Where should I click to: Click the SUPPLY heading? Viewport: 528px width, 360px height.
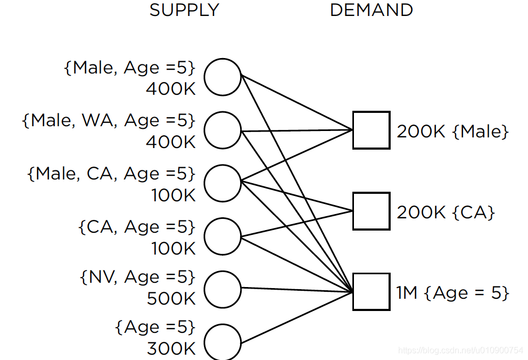pyautogui.click(x=184, y=10)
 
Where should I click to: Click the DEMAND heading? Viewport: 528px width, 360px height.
pyautogui.click(x=371, y=10)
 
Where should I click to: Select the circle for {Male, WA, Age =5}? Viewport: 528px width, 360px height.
pyautogui.click(x=222, y=130)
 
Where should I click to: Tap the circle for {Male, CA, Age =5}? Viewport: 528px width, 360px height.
pyautogui.click(x=222, y=183)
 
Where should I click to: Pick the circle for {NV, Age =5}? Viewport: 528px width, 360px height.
pyautogui.click(x=222, y=289)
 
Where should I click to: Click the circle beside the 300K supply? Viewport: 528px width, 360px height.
pyautogui.click(x=222, y=342)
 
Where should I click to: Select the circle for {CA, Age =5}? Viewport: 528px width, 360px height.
pyautogui.click(x=222, y=236)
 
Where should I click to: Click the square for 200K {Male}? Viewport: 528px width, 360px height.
pyautogui.click(x=371, y=130)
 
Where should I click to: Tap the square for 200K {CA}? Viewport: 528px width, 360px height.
pyautogui.click(x=371, y=211)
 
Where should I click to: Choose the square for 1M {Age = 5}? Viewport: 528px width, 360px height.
pyautogui.click(x=371, y=291)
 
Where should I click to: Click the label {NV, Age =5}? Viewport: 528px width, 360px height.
pyautogui.click(x=137, y=277)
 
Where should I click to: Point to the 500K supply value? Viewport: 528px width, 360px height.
pyautogui.click(x=171, y=299)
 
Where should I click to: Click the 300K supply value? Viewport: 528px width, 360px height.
pyautogui.click(x=171, y=349)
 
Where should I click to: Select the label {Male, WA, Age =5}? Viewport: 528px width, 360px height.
pyautogui.click(x=109, y=121)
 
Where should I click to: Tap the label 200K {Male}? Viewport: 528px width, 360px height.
pyautogui.click(x=452, y=132)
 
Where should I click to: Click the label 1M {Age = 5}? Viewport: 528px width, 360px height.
pyautogui.click(x=452, y=292)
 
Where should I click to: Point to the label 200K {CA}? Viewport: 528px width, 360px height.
pyautogui.click(x=445, y=212)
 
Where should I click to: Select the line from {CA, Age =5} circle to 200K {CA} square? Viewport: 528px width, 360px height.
pyautogui.click(x=298, y=223)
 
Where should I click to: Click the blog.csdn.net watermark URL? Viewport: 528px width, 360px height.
pyautogui.click(x=461, y=350)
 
